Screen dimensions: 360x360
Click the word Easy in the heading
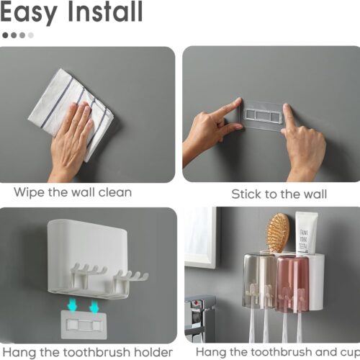click(29, 12)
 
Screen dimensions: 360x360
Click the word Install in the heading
click(105, 11)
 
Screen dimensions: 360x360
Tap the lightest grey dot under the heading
click(31, 35)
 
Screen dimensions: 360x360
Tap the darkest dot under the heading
click(5, 35)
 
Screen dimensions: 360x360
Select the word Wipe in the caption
click(28, 192)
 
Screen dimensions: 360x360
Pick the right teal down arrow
click(94, 307)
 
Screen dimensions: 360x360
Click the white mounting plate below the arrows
click(84, 325)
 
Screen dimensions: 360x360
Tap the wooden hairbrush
click(278, 233)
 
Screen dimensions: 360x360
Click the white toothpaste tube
click(306, 233)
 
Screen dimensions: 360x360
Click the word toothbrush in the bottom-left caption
click(96, 352)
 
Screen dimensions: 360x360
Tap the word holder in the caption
click(153, 352)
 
